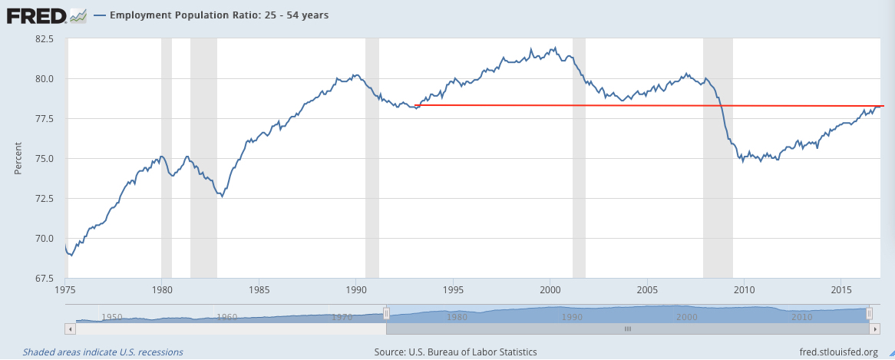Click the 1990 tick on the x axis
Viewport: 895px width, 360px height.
point(356,290)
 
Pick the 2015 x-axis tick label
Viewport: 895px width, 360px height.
point(841,290)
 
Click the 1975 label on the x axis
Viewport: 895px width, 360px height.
point(65,290)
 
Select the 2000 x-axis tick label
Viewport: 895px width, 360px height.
point(550,290)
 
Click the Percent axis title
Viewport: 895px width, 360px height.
point(18,159)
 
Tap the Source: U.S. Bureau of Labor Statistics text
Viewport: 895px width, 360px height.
point(455,352)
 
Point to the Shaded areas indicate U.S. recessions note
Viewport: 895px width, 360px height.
point(103,352)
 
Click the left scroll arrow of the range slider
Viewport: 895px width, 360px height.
point(71,329)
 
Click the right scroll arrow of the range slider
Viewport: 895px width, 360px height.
point(874,329)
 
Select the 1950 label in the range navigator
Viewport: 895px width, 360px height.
point(112,317)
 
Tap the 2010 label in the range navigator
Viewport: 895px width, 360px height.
point(802,317)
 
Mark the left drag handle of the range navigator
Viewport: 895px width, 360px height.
point(387,313)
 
